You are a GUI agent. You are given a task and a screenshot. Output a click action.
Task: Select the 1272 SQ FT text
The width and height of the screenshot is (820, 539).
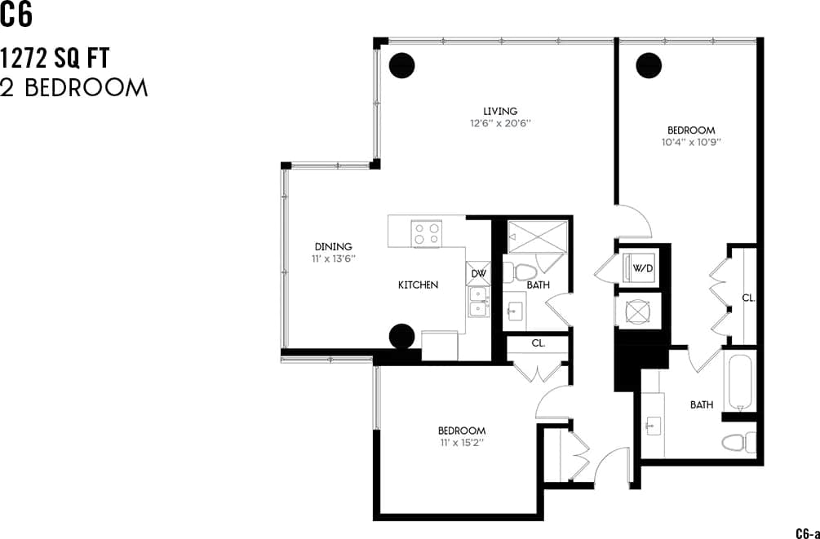click(55, 59)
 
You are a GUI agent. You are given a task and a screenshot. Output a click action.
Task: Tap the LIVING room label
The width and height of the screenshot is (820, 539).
click(500, 112)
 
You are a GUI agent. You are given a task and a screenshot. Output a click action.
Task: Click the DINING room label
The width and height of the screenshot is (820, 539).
click(333, 246)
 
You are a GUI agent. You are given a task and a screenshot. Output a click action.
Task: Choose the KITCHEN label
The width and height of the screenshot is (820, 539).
click(418, 285)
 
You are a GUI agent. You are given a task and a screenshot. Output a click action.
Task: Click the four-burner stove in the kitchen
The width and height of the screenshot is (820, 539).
click(427, 234)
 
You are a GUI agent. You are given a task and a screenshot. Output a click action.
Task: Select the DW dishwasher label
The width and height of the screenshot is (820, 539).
click(477, 273)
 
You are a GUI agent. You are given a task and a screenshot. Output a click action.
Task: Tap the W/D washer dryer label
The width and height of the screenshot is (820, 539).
click(644, 267)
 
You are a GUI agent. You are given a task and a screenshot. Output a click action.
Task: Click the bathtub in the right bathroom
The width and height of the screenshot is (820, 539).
click(740, 382)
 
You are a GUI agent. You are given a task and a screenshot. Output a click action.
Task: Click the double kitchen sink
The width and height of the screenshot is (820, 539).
click(477, 301)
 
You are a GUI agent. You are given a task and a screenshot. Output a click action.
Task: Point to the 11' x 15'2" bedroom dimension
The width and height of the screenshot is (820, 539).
click(462, 444)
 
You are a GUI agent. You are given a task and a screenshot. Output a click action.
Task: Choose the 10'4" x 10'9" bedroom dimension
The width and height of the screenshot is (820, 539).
click(691, 142)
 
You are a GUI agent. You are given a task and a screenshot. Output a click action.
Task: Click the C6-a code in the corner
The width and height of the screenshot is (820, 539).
click(807, 532)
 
